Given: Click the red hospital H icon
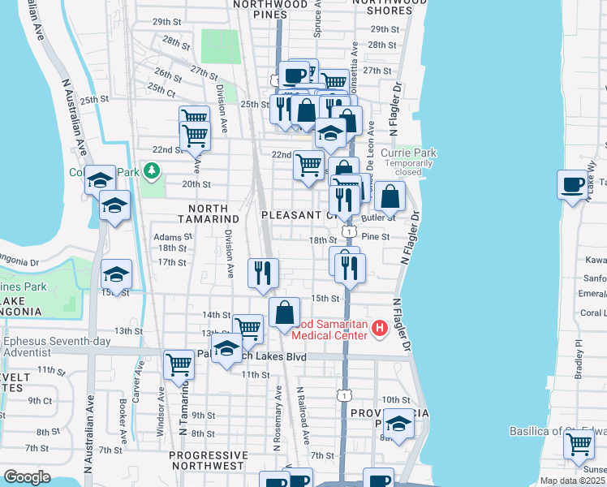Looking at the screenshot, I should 379,328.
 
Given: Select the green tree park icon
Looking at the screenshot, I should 151,170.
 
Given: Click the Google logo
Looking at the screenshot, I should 28,476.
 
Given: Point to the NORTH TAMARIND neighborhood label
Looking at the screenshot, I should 208,218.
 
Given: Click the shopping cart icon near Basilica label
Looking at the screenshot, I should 579,445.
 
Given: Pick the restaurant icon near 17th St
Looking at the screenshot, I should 263,274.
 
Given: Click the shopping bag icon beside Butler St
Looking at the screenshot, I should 390,196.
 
